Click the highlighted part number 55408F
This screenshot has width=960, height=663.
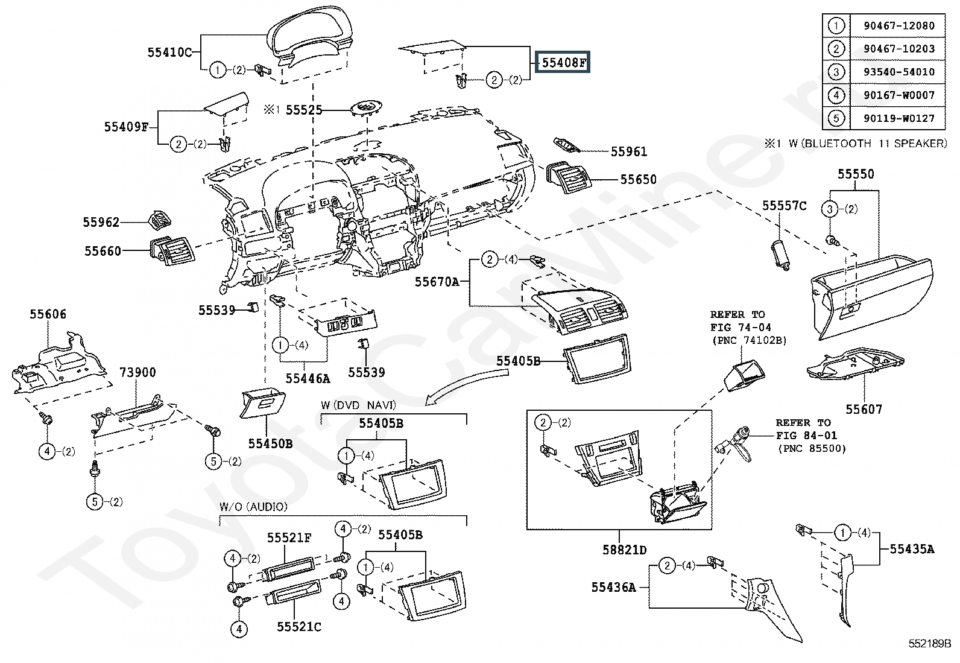click(x=563, y=62)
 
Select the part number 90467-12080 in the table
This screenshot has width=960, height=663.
click(x=891, y=26)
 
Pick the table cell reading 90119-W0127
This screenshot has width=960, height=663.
click(x=891, y=118)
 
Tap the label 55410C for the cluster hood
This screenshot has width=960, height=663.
click(x=169, y=52)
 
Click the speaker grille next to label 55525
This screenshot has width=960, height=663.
click(x=365, y=109)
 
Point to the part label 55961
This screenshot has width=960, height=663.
click(x=628, y=151)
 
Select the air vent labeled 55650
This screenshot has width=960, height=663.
click(x=567, y=177)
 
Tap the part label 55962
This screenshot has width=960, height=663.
click(x=101, y=222)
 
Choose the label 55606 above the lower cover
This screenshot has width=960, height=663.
click(x=48, y=314)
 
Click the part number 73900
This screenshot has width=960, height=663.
click(x=137, y=372)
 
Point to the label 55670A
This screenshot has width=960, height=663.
click(x=437, y=282)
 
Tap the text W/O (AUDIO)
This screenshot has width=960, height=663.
click(x=253, y=507)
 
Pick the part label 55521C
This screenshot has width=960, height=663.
click(x=299, y=627)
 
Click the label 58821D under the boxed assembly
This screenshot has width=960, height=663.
click(x=625, y=550)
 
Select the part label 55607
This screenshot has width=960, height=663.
click(x=864, y=410)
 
